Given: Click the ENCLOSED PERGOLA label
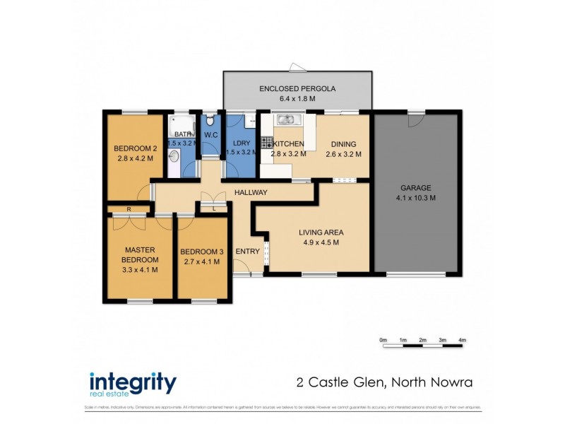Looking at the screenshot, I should tap(297, 89).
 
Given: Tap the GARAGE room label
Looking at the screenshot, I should tap(415, 188).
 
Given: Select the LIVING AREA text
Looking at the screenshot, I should tap(321, 232).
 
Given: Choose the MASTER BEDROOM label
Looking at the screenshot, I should tap(140, 259).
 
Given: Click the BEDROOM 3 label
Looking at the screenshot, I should tap(202, 252).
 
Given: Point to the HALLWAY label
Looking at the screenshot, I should tap(251, 192).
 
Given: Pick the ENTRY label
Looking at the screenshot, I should tap(247, 252).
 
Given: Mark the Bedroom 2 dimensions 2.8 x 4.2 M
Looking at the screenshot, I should tap(134, 159).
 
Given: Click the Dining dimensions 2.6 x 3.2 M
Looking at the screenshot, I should tap(343, 154).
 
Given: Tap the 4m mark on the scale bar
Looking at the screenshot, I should tap(463, 341).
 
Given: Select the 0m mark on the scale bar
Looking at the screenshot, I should tap(383, 341).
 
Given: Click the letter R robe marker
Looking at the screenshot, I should tap(129, 209).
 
